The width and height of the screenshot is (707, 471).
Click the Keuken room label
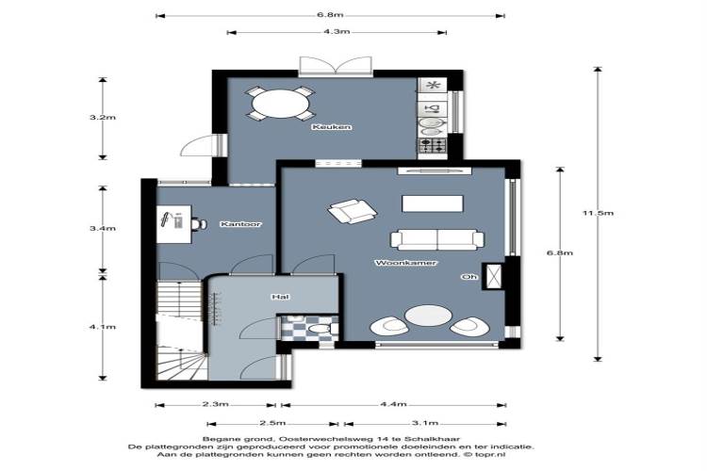click(332, 127)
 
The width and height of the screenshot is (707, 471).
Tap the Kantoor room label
click(240, 224)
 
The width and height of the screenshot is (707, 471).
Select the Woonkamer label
click(405, 263)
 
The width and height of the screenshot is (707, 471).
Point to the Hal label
click(280, 297)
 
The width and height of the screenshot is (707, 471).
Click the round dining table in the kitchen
click(280, 104)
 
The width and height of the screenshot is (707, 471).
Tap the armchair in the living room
click(353, 211)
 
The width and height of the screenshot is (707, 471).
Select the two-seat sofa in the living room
click(436, 239)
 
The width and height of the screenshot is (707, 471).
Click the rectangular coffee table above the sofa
click(433, 203)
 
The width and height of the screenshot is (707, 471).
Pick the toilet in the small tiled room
click(321, 328)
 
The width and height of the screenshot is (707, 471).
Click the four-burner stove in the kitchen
click(433, 145)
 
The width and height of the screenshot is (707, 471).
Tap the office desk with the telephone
click(174, 224)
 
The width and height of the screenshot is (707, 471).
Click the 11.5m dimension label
click(598, 213)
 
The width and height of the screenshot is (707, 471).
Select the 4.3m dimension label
click(337, 31)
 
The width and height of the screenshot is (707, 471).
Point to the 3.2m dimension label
click(103, 117)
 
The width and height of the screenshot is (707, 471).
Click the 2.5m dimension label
click(272, 423)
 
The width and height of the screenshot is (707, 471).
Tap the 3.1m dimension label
click(425, 423)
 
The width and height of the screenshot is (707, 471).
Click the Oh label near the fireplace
click(469, 277)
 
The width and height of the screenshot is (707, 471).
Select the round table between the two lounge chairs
click(428, 316)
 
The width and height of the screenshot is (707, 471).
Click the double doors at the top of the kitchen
click(336, 65)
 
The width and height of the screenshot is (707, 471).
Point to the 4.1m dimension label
click(103, 327)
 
